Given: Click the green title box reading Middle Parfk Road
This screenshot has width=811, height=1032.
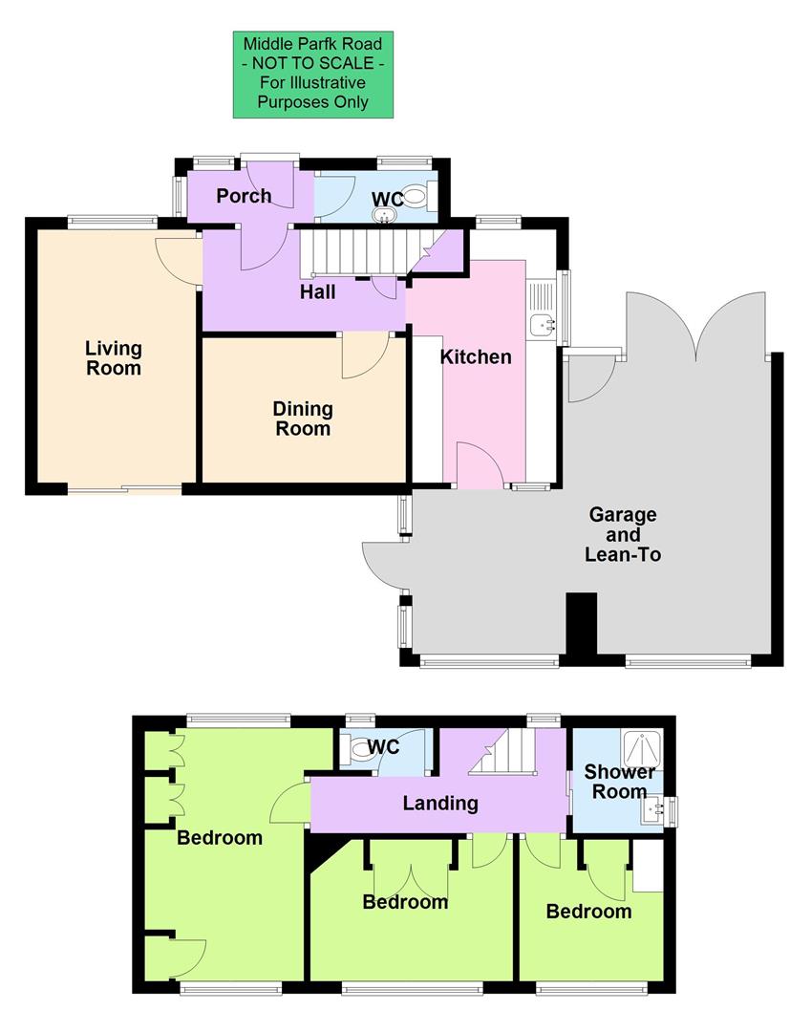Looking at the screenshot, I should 313,75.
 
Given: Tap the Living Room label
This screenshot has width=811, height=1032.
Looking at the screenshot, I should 113,358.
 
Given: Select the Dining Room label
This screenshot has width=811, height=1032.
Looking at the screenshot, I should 303,419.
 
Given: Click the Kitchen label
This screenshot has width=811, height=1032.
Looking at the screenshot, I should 475,357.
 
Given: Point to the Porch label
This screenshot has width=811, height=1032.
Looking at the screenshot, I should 243,197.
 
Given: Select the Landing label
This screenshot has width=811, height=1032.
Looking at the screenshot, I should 439,804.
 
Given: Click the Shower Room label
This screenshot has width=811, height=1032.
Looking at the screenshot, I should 619,782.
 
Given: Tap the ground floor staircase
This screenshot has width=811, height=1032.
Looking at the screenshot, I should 363,252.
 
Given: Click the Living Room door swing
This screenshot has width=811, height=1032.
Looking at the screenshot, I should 177,260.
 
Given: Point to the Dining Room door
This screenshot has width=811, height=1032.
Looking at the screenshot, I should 364,355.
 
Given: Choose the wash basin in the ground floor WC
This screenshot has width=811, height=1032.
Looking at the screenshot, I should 386,215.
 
